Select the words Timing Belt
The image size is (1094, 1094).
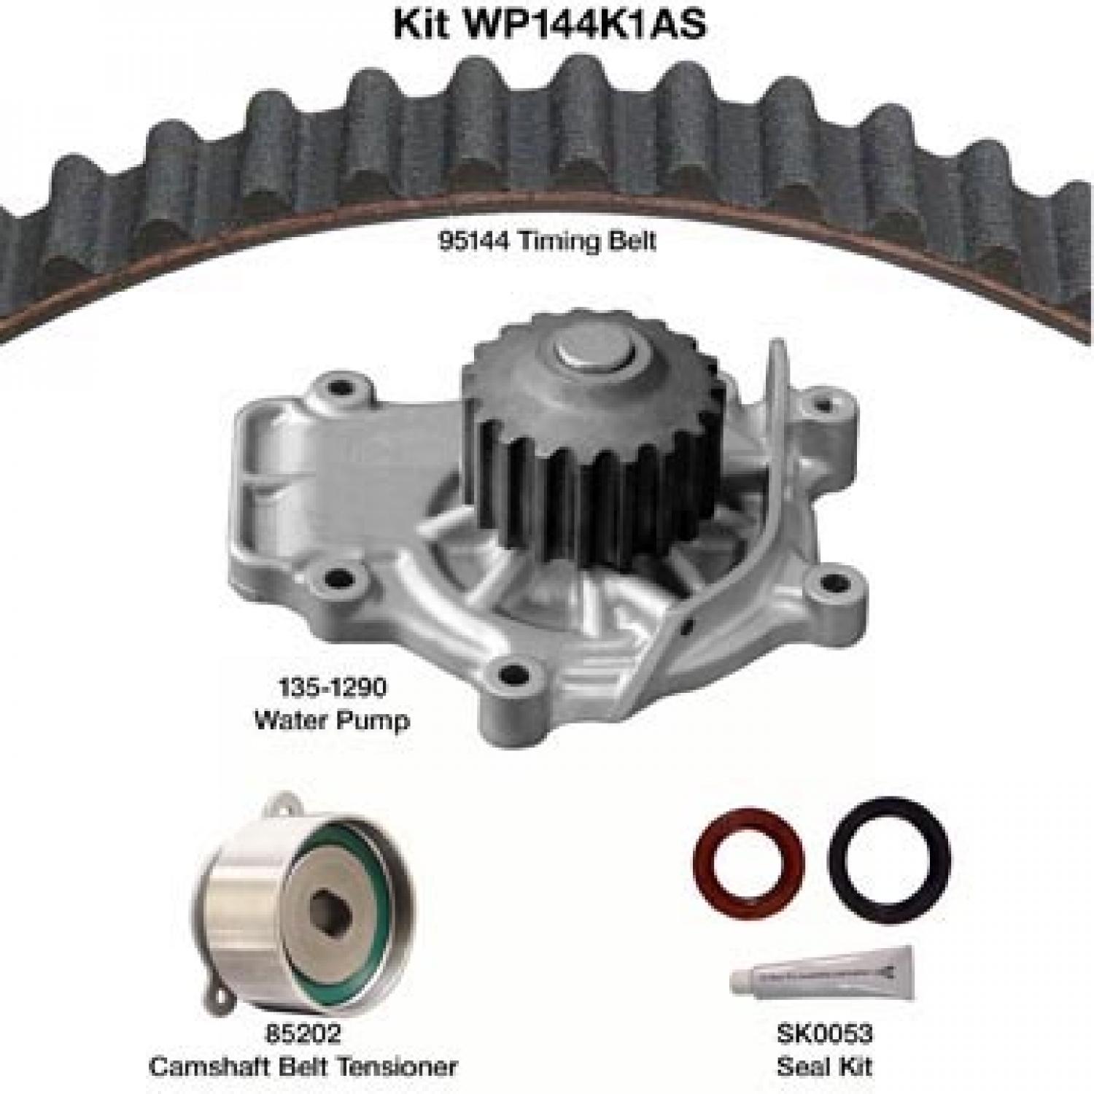tap(587, 240)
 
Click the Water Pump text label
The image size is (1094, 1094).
tap(331, 720)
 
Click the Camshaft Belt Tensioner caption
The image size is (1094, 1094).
tap(303, 1066)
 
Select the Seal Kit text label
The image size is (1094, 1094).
tap(824, 1066)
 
